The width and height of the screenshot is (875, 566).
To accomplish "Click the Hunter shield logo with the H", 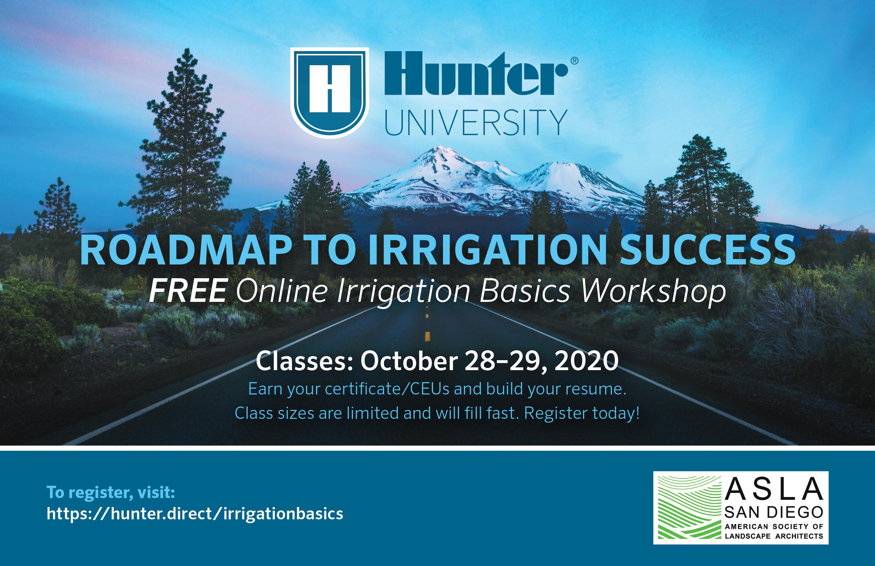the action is point(329,93).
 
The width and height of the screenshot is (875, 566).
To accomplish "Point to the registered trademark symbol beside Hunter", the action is point(574,61).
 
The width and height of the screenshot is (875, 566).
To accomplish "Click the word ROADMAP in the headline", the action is point(186,250).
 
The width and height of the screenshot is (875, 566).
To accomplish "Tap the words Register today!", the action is point(582,413).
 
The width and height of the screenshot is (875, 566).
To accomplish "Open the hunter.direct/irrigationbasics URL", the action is point(195,514).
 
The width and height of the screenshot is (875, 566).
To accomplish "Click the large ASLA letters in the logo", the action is point(774,489).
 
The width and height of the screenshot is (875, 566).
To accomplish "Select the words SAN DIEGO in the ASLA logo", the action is point(774,512).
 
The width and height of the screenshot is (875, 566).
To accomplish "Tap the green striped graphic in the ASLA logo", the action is point(689,508).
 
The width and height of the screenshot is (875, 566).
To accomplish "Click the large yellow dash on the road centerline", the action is point(427,335).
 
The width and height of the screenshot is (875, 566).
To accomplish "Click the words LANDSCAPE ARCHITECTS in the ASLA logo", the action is point(774,536).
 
